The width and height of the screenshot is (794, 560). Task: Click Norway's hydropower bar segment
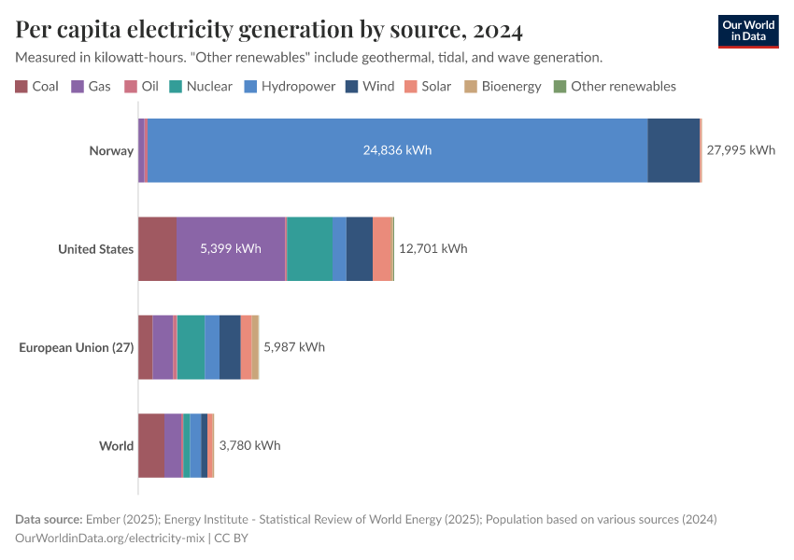[397, 150]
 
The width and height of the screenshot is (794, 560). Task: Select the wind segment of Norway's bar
[673, 150]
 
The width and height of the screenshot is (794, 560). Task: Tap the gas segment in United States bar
[231, 248]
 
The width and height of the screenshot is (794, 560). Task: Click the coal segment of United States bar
[157, 248]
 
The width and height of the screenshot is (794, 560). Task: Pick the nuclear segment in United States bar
[309, 248]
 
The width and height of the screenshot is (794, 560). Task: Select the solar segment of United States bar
[382, 248]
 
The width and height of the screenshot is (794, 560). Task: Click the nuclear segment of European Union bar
[191, 347]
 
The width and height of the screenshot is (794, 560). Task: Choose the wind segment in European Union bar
[230, 347]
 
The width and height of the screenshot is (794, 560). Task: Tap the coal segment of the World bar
[151, 445]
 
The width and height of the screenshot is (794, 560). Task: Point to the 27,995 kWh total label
[741, 150]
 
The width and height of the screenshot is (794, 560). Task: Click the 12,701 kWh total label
[432, 248]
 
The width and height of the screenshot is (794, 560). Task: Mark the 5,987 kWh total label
[294, 347]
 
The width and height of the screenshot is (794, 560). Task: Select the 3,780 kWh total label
[249, 445]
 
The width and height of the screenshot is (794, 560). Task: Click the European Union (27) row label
[77, 347]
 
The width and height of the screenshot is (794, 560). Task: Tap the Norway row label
[111, 150]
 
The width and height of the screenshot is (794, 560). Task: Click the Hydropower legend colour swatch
[250, 87]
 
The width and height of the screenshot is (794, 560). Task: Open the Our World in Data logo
[747, 31]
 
